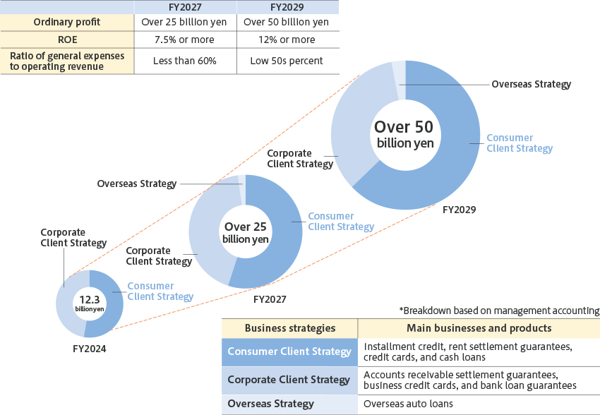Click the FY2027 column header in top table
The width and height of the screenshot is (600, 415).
[185, 6]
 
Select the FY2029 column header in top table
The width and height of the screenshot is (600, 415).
[287, 6]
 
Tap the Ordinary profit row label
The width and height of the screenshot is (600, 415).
[67, 22]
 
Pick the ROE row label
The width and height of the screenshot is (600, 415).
[67, 40]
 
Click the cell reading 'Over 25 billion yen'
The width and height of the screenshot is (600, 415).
[185, 22]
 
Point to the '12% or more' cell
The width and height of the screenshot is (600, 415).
[287, 40]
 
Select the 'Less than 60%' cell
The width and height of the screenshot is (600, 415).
[185, 61]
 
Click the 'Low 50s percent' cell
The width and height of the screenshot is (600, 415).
[287, 61]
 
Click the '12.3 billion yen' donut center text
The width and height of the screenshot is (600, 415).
[90, 303]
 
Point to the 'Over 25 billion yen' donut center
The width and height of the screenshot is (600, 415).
[245, 232]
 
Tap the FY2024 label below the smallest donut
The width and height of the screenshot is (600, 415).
[90, 348]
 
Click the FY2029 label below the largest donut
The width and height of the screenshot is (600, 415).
[460, 210]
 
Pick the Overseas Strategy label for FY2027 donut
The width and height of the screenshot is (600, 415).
[136, 184]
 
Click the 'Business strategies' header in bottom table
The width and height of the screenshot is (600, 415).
[289, 328]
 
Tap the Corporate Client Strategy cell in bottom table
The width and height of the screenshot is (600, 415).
[289, 380]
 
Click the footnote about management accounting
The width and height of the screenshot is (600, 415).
[499, 311]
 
